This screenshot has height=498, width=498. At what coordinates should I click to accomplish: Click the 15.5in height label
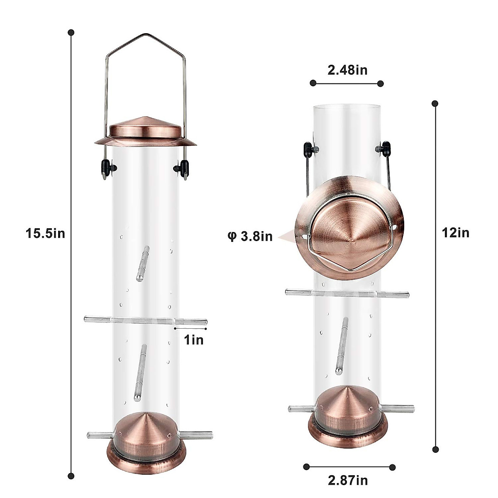pyautogui.click(x=45, y=234)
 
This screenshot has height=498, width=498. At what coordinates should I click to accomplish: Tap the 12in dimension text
pyautogui.click(x=456, y=233)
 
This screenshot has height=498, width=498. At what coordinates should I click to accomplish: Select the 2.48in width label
pyautogui.click(x=347, y=70)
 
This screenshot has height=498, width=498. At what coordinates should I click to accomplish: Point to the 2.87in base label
pyautogui.click(x=348, y=481)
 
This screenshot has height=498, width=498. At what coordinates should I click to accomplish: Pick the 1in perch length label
pyautogui.click(x=193, y=340)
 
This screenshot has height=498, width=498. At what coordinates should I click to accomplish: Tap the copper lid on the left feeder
pyautogui.click(x=145, y=132)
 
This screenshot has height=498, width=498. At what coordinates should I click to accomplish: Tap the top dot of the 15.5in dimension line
pyautogui.click(x=71, y=32)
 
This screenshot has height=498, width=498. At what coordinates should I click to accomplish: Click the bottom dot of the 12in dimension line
pyautogui.click(x=435, y=449)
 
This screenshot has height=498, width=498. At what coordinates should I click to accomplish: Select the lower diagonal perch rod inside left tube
pyautogui.click(x=140, y=373)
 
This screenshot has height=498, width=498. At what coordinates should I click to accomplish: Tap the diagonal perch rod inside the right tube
pyautogui.click(x=342, y=345)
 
